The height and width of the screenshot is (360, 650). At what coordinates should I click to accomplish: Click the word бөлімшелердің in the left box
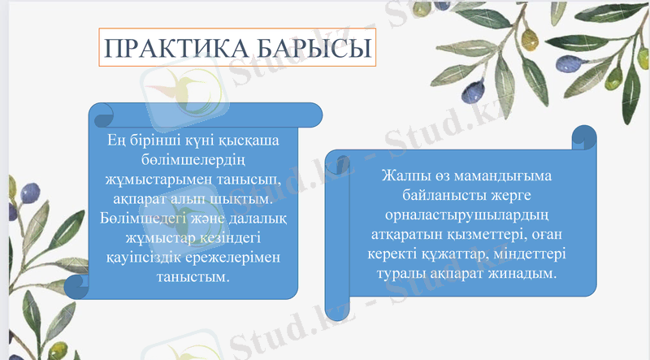click(193, 159)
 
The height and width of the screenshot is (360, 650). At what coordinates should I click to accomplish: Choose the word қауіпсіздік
click(146, 257)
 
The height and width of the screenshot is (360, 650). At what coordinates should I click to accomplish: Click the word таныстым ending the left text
click(193, 276)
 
